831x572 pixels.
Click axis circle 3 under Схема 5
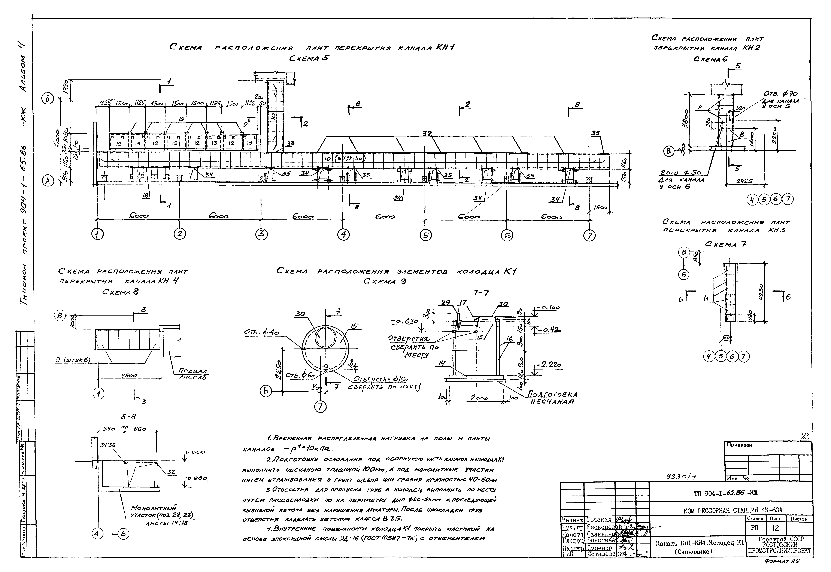pos(262,234)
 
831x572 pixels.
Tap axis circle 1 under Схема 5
pos(97,234)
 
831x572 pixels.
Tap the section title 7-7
pos(480,293)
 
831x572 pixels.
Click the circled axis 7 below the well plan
pos(320,406)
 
